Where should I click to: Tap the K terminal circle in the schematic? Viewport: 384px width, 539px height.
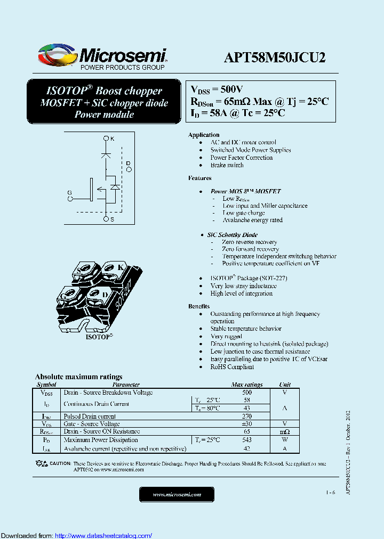[106, 138]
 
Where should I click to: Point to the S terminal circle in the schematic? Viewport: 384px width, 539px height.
[106, 219]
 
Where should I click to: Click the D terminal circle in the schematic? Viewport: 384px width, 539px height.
[129, 169]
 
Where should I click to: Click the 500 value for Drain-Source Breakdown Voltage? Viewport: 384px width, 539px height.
[246, 393]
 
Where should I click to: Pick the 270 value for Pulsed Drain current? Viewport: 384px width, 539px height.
[246, 416]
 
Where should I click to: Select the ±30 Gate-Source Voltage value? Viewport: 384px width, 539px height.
[246, 424]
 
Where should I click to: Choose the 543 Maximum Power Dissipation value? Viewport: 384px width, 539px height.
[246, 440]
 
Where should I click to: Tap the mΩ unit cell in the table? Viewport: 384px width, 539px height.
[285, 432]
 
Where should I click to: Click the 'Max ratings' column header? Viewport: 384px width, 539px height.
[246, 385]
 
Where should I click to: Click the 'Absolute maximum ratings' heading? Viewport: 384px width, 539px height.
[78, 377]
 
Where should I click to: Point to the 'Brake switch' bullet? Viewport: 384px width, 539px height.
[227, 165]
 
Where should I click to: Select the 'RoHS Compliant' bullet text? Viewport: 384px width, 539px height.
[232, 366]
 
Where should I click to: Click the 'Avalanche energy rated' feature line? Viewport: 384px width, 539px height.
[253, 220]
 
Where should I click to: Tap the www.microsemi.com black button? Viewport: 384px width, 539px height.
[177, 495]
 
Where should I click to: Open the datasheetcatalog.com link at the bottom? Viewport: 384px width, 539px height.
[103, 535]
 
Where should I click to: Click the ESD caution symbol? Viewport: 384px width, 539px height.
[41, 464]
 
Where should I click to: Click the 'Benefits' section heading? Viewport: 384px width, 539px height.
[199, 306]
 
